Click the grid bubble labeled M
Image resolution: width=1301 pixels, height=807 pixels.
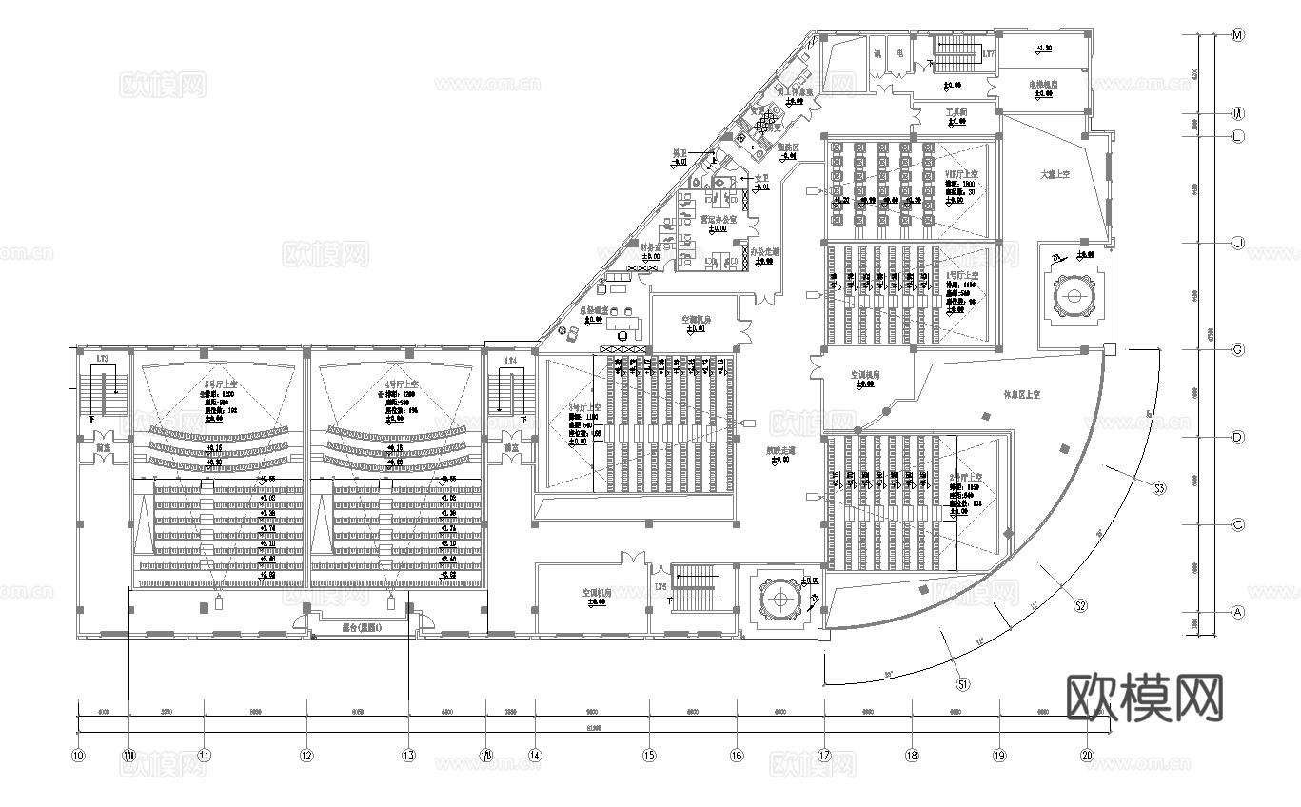point(1238,35)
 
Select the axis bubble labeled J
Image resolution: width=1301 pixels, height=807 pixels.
point(1238,243)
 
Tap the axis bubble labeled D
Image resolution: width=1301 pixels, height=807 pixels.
point(1238,438)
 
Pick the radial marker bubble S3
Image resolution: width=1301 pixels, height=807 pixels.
point(1159,488)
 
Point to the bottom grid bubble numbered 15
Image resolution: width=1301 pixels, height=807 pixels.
point(649,756)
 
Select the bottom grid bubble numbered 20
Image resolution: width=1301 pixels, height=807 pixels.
point(1087,756)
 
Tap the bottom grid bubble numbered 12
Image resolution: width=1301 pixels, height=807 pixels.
point(306,756)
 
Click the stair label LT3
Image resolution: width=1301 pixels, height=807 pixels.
point(102,360)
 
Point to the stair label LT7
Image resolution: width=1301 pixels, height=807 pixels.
point(988,54)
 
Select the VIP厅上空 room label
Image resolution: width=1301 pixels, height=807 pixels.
point(956,174)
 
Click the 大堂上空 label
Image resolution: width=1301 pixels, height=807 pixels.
point(1055,174)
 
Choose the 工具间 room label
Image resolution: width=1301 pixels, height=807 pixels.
point(956,112)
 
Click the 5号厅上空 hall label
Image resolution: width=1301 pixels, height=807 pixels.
point(220,384)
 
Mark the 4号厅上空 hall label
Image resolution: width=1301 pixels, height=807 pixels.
point(398,384)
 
